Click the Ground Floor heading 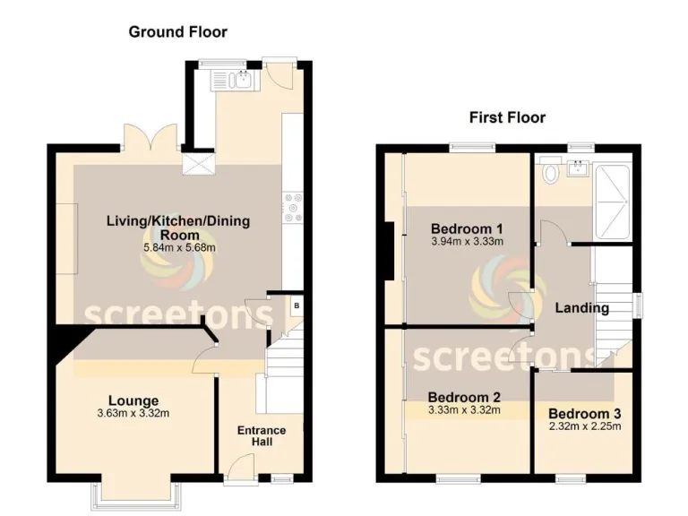click(177, 32)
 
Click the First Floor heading click(507, 117)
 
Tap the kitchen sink click(234, 81)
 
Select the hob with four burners click(292, 208)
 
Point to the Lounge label click(134, 400)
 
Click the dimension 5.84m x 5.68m click(178, 247)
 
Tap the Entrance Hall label click(262, 436)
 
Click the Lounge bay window click(135, 492)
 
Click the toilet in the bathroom click(550, 171)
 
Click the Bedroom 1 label click(466, 227)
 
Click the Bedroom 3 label click(584, 414)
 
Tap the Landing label click(582, 308)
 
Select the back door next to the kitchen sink click(279, 76)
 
